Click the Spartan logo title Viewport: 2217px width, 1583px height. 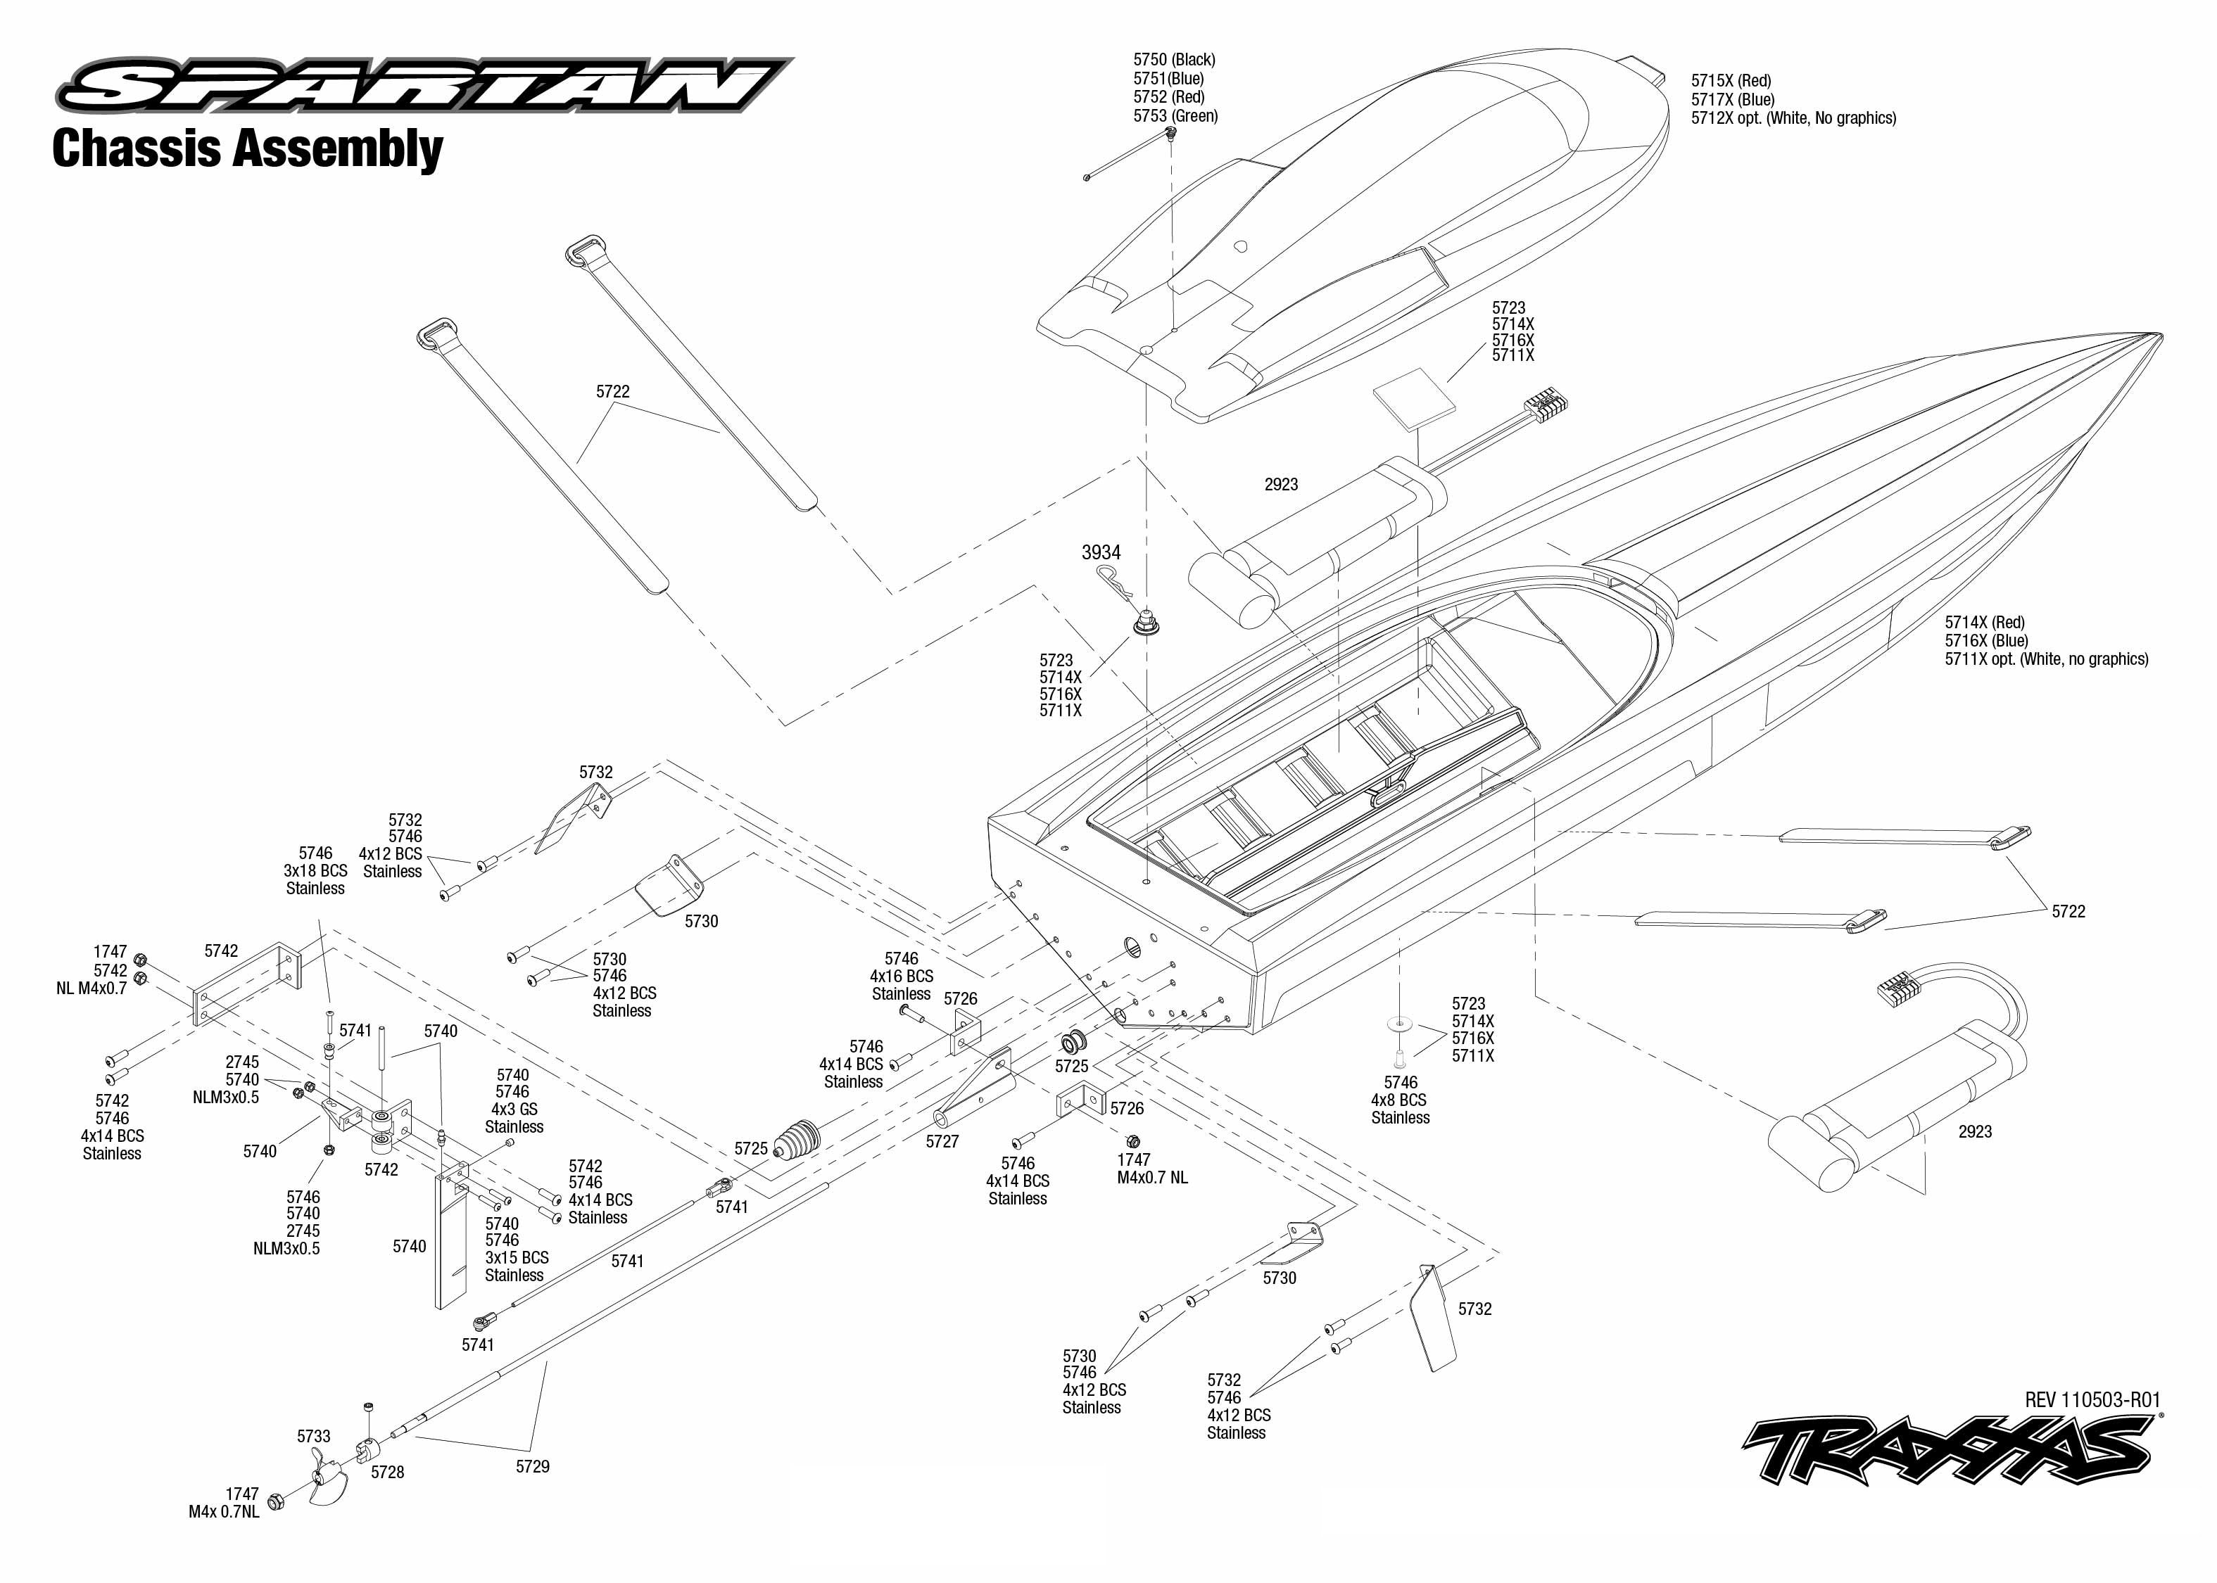click(424, 85)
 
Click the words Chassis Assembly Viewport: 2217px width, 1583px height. click(248, 149)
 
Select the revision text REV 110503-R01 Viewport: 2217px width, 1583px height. click(2092, 1400)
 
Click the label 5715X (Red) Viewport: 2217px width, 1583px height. click(1731, 81)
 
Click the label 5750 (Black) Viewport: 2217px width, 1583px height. click(1174, 61)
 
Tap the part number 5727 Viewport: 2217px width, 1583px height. click(942, 1141)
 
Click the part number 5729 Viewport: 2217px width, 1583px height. click(532, 1466)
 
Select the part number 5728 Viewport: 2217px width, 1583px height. click(387, 1472)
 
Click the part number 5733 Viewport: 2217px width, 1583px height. click(313, 1436)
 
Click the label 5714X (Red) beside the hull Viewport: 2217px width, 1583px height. click(1984, 623)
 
